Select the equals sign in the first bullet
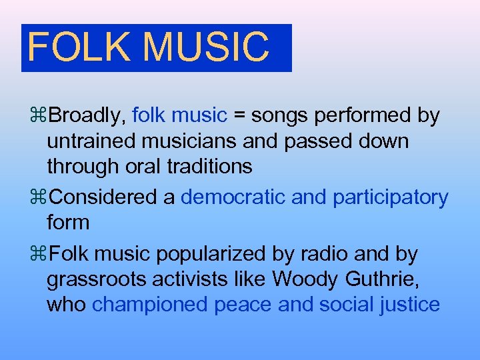tap(240, 116)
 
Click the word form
tap(68, 222)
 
